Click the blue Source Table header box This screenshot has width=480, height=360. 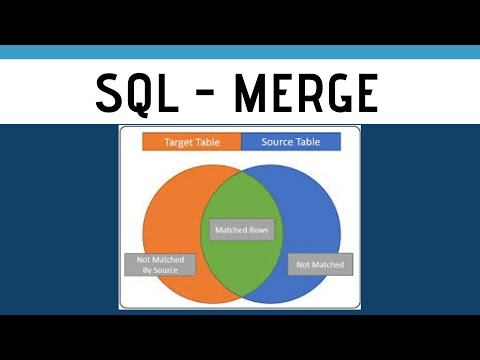click(x=289, y=141)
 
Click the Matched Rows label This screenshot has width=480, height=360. click(x=242, y=231)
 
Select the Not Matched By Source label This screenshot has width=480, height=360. click(x=161, y=264)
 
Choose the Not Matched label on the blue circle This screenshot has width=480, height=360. click(x=319, y=264)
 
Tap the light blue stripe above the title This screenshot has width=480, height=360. click(x=240, y=52)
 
